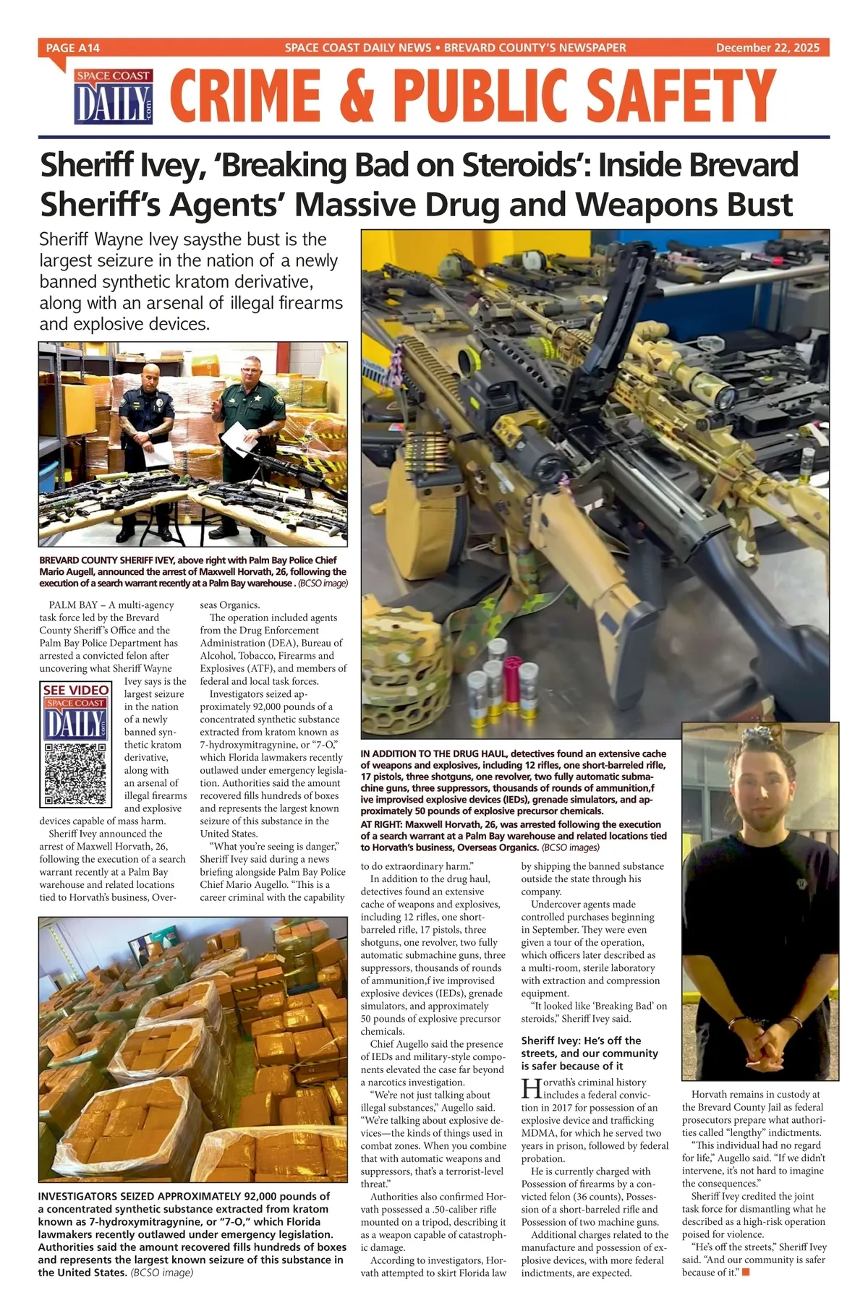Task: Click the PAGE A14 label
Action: coord(72,48)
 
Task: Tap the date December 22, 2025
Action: coord(767,48)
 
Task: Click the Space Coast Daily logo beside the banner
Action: coord(114,98)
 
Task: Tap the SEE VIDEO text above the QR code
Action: coord(76,690)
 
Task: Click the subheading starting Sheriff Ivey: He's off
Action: coord(590,1053)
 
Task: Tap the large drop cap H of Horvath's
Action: coord(532,1089)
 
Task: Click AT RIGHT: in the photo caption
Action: coord(381,824)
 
